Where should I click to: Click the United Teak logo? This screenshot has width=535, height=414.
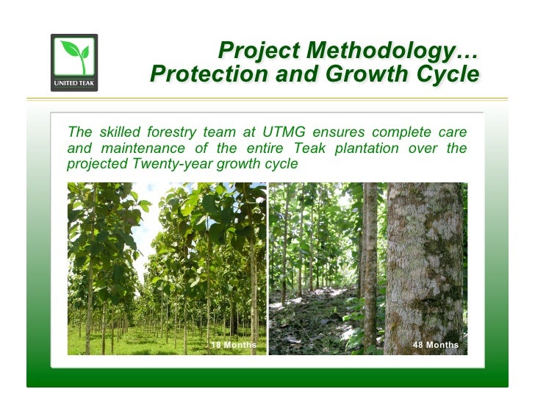click(x=73, y=63)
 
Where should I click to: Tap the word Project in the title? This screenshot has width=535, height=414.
click(x=260, y=51)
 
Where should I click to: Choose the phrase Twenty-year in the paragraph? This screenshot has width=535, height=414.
click(x=165, y=164)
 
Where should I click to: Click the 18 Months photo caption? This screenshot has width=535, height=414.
click(x=234, y=345)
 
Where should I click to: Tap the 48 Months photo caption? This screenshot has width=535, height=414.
click(x=436, y=345)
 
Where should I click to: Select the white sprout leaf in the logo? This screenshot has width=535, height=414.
click(x=73, y=54)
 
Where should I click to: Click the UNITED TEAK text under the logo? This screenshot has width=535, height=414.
click(x=73, y=83)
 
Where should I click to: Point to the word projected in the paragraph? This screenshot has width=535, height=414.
click(x=96, y=164)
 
